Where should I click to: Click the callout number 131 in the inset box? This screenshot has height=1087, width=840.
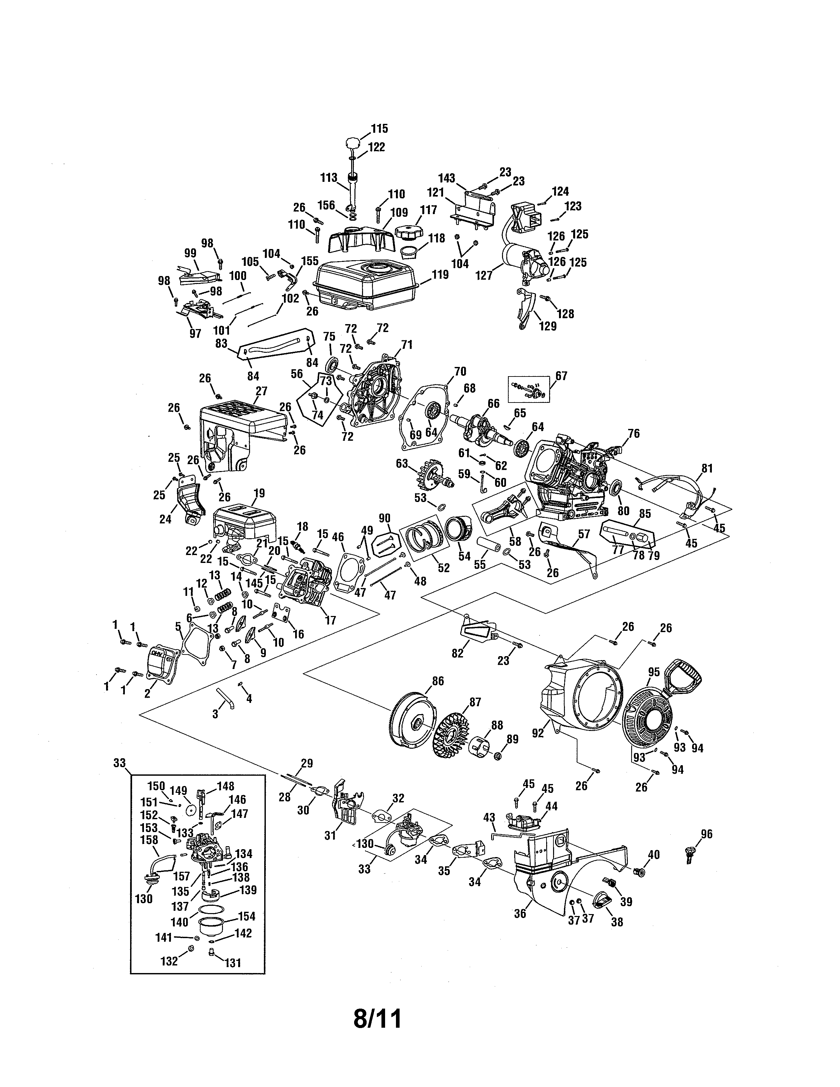point(232,963)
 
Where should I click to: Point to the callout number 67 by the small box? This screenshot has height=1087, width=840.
point(561,376)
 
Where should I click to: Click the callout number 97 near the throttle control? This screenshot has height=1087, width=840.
point(195,333)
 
